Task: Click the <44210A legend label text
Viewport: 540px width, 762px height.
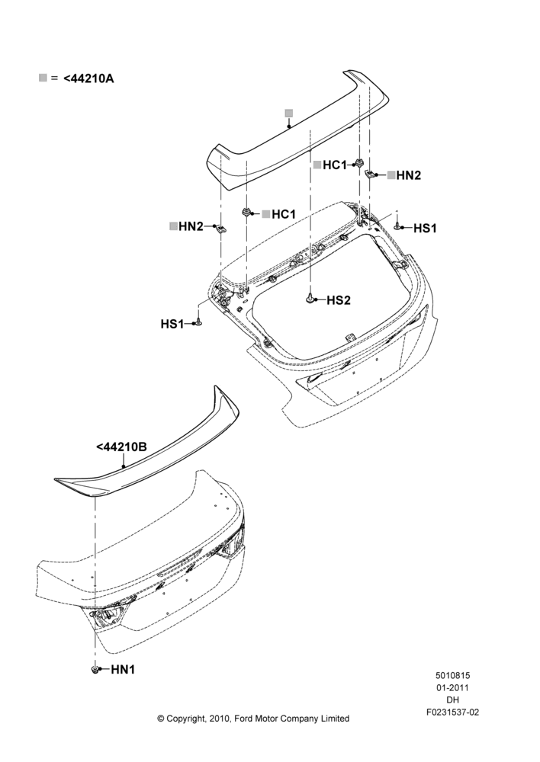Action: [x=88, y=78]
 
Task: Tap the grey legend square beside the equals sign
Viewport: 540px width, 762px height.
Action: [x=43, y=78]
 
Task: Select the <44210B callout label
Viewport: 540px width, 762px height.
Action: [x=121, y=447]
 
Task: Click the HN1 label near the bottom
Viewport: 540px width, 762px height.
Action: [x=123, y=670]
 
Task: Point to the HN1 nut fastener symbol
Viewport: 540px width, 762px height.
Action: [x=95, y=670]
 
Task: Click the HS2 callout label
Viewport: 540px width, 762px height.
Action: [x=339, y=300]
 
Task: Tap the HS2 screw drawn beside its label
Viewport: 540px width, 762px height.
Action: [x=310, y=299]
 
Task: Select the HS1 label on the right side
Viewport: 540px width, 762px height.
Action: [x=425, y=228]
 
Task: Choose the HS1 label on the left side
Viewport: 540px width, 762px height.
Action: [x=172, y=324]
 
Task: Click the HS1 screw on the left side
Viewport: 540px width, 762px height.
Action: [x=198, y=322]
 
